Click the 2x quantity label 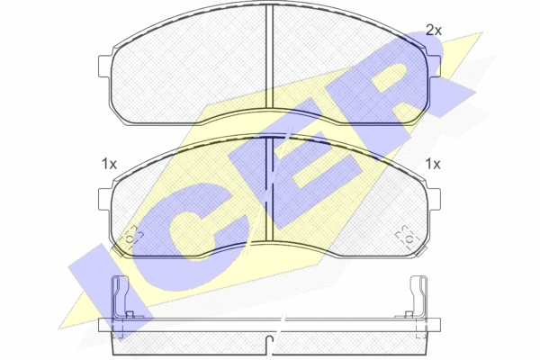[x=434, y=31]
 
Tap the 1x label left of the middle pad [x=109, y=164]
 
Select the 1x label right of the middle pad [x=433, y=164]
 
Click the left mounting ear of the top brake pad [x=104, y=66]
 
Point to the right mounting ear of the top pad [x=434, y=66]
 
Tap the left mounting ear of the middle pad [x=104, y=199]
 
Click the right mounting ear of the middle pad [x=434, y=199]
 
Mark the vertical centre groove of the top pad [x=270, y=57]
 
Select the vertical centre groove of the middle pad [x=270, y=190]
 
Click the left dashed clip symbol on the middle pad [x=130, y=238]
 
